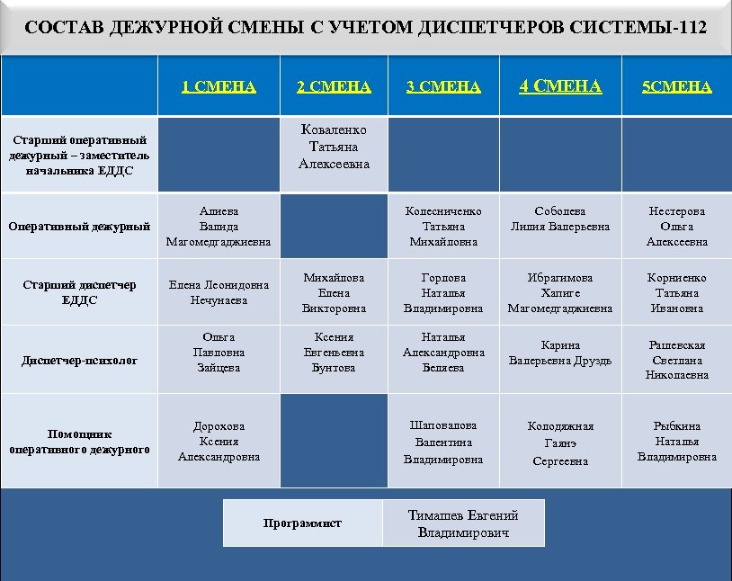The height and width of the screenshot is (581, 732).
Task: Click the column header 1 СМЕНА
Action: (x=219, y=86)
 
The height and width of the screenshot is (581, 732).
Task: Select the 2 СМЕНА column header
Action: (x=334, y=86)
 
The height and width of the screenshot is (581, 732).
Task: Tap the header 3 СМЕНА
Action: (x=443, y=86)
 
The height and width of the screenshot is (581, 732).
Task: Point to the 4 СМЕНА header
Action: (x=559, y=86)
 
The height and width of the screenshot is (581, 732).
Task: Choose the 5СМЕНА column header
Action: (x=676, y=86)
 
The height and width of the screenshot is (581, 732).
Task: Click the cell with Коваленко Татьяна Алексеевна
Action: (x=334, y=147)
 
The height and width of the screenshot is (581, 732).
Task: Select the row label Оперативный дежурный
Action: (x=79, y=227)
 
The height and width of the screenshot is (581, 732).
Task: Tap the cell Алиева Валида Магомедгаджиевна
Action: (x=219, y=227)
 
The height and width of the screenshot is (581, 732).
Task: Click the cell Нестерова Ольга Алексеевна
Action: (x=676, y=227)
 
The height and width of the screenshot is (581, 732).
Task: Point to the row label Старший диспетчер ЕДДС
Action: (x=79, y=292)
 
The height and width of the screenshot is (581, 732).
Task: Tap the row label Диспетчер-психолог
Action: (x=79, y=361)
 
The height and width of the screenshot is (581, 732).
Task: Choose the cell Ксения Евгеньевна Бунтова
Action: (x=334, y=353)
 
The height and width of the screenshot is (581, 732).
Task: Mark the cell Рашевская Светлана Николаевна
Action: (x=676, y=361)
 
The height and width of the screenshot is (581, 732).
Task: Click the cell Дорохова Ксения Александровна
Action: (x=219, y=442)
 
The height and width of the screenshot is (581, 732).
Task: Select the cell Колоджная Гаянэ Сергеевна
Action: (x=559, y=442)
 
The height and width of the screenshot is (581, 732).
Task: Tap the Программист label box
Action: (x=302, y=523)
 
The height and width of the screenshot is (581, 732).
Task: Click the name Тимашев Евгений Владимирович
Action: (x=463, y=523)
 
